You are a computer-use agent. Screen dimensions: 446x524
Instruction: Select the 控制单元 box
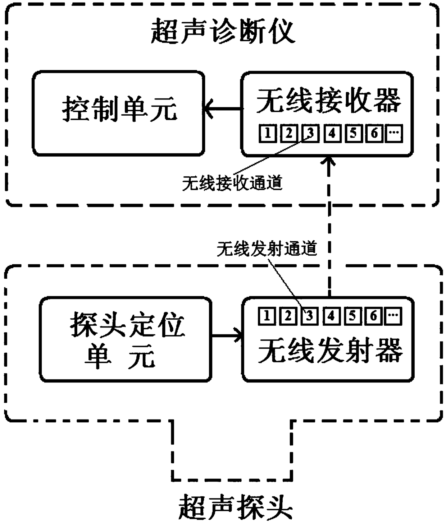[x=118, y=113]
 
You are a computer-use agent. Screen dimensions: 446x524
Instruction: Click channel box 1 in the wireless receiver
[x=268, y=133]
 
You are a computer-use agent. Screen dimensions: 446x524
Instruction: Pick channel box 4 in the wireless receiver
[x=332, y=133]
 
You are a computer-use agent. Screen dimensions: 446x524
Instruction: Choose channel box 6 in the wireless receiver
[x=374, y=133]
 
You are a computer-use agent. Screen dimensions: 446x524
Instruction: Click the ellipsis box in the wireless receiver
[x=394, y=133]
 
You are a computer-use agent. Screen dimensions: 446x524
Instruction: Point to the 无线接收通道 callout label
[x=232, y=183]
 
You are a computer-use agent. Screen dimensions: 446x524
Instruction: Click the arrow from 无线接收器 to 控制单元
[x=223, y=109]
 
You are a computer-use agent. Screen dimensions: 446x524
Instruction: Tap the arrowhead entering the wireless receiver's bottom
[x=329, y=161]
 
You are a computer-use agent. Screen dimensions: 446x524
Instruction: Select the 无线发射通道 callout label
[x=267, y=249]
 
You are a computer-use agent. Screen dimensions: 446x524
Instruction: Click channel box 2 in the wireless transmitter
[x=288, y=316]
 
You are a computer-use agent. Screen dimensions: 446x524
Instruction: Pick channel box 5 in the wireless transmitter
[x=352, y=316]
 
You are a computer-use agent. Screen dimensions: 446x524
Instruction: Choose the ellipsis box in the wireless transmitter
[x=393, y=316]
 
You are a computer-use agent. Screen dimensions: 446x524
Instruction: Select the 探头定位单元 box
[x=126, y=339]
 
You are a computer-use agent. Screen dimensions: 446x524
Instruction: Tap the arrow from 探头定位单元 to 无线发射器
[x=227, y=336]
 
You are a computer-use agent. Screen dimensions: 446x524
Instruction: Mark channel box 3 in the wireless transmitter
[x=309, y=316]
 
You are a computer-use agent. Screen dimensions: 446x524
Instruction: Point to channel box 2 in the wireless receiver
[x=289, y=133]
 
